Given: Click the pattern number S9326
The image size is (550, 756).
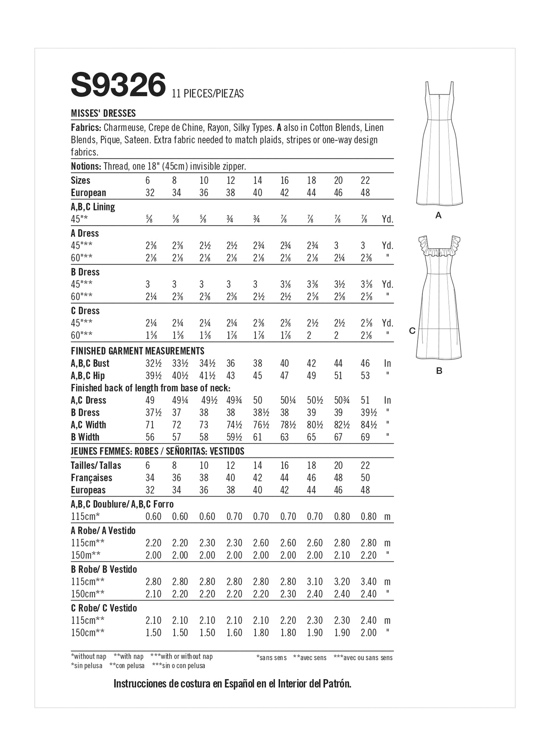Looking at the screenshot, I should pyautogui.click(x=118, y=85).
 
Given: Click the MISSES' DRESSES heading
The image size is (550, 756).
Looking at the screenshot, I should pyautogui.click(x=103, y=113).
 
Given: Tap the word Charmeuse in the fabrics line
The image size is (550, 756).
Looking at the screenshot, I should pyautogui.click(x=124, y=128).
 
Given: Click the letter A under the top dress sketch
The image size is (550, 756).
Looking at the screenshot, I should pyautogui.click(x=439, y=215).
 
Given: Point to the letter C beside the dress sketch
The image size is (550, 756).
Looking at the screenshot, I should pyautogui.click(x=412, y=331).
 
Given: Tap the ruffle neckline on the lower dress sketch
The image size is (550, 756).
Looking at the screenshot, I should pyautogui.click(x=439, y=252).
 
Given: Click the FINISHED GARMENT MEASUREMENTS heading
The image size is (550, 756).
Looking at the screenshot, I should pyautogui.click(x=137, y=351).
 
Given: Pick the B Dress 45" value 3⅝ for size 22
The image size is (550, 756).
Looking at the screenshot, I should pyautogui.click(x=366, y=284).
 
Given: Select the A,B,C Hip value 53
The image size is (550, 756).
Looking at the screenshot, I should pyautogui.click(x=365, y=376).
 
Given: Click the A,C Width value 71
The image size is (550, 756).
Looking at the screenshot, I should pyautogui.click(x=150, y=425).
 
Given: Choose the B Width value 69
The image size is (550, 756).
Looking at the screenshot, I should pyautogui.click(x=365, y=437).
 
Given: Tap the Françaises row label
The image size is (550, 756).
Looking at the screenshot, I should pyautogui.click(x=92, y=478).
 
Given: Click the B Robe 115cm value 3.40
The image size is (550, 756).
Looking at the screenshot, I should pyautogui.click(x=368, y=582).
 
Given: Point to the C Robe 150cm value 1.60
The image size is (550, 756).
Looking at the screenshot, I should pyautogui.click(x=234, y=633).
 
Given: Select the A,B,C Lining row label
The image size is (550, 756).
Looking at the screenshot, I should pyautogui.click(x=93, y=207).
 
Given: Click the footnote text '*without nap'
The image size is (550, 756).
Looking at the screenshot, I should pyautogui.click(x=89, y=656).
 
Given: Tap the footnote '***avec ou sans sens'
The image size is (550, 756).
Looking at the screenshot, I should pyautogui.click(x=363, y=658).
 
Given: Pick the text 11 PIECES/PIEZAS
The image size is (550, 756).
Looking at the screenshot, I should pyautogui.click(x=208, y=94).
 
